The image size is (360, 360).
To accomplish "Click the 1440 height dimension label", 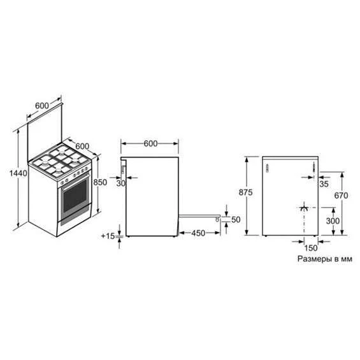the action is click(18, 173).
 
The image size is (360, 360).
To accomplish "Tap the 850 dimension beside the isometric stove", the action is click(100, 182).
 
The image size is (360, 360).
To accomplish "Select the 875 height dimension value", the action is click(245, 192).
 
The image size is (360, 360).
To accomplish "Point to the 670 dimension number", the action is click(341, 196).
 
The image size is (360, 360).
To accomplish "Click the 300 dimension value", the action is click(333, 221).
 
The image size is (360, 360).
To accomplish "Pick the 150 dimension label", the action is click(311, 248).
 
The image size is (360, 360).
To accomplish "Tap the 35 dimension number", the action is click(324, 184).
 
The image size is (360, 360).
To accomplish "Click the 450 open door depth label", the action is click(198, 233).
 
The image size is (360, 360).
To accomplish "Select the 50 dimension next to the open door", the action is click(236, 220).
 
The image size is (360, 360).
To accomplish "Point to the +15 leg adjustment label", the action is click(108, 236).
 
